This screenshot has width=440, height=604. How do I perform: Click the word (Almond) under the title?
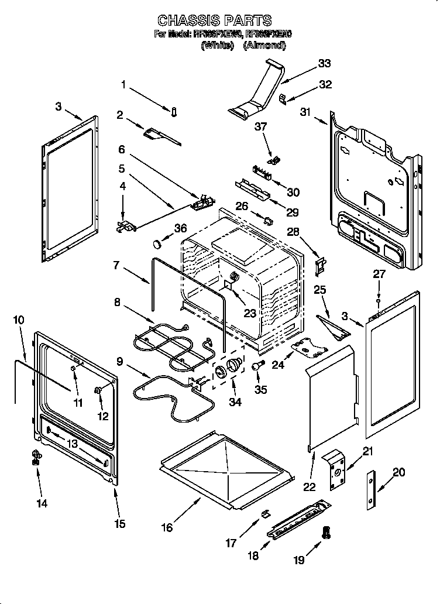pos(264,45)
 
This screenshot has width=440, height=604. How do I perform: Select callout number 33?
pos(324,63)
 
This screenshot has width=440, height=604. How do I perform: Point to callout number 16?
pos(167,527)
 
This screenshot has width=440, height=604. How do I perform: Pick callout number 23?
pos(250,313)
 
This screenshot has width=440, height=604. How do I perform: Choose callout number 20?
pos(398,472)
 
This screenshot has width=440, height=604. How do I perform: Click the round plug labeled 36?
pos(157,243)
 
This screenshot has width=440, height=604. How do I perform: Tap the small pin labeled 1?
pos(174,112)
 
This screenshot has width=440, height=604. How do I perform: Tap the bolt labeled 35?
pos(257,365)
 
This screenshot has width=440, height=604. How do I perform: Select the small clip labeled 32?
pos(282,98)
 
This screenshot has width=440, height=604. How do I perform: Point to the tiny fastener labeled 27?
pos(379,302)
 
